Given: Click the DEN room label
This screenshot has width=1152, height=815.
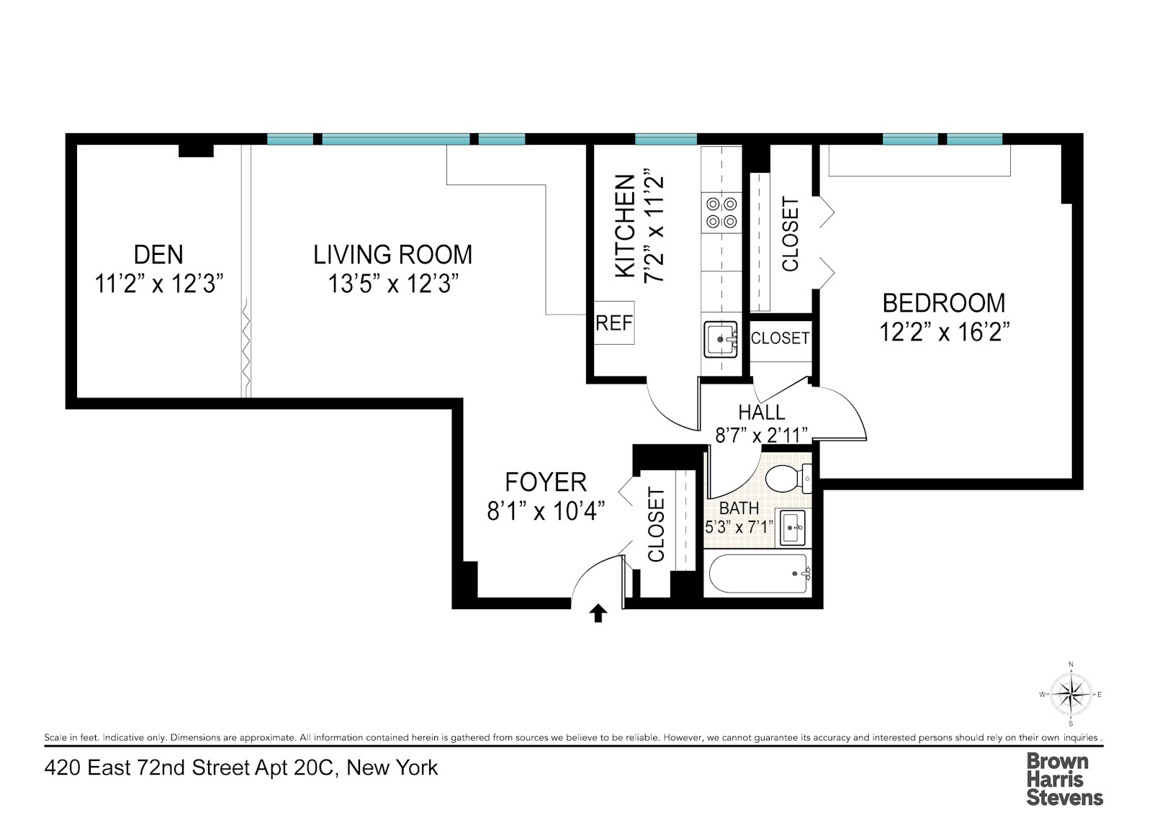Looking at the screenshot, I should [158, 254].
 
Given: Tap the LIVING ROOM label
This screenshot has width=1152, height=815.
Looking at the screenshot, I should [392, 254].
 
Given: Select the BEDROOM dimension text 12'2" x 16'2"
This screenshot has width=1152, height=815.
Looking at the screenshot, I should [944, 332].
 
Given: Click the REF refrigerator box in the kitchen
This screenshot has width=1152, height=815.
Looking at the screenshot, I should [613, 323].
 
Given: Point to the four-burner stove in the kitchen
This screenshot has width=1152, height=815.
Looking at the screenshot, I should [721, 212].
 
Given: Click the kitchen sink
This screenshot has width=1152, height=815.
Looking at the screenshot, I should [721, 338].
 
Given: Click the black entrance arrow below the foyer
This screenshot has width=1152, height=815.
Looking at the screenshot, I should [598, 613].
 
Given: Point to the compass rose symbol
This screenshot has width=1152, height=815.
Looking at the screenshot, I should [1071, 694].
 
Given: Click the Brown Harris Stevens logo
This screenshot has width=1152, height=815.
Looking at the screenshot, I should [1063, 778].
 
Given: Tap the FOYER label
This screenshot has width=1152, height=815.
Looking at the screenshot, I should [546, 481].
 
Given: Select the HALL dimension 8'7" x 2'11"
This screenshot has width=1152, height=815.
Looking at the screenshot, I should [761, 435].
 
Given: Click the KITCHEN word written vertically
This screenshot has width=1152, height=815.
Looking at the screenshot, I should [625, 225].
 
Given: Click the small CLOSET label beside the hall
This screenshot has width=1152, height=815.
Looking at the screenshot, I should [780, 337].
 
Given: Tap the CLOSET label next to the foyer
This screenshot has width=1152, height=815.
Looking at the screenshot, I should [656, 524].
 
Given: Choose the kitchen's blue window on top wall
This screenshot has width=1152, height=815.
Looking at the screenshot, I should [665, 139].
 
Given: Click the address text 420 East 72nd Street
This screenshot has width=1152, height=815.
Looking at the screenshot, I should [240, 767].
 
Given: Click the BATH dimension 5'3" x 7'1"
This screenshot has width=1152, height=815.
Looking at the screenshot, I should [739, 526].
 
